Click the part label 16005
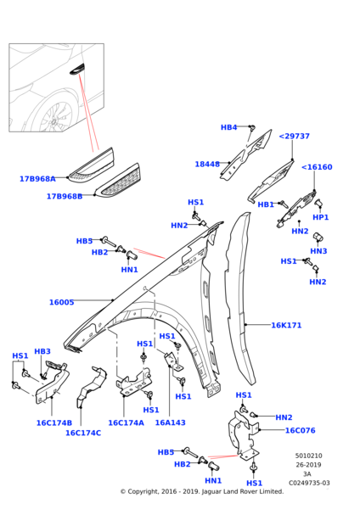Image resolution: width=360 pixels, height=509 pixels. pyautogui.click(x=61, y=302)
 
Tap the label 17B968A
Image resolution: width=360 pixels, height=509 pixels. pyautogui.click(x=37, y=179)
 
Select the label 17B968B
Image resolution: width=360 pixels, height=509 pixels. pyautogui.click(x=65, y=196)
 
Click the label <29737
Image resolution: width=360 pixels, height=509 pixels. pyautogui.click(x=294, y=136)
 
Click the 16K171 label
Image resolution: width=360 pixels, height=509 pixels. pyautogui.click(x=287, y=325)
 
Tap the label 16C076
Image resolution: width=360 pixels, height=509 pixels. pyautogui.click(x=300, y=430)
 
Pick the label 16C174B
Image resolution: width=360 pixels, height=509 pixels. pyautogui.click(x=53, y=422)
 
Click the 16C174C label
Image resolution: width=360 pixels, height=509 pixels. pyautogui.click(x=83, y=433)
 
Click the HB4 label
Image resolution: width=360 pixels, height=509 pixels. pyautogui.click(x=228, y=127)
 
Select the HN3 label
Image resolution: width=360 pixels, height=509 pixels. pyautogui.click(x=318, y=251)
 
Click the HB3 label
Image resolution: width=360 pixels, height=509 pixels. pyautogui.click(x=42, y=351)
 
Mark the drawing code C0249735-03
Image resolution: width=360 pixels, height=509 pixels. pyautogui.click(x=308, y=483)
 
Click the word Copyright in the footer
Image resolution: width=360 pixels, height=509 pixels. pyautogui.click(x=147, y=491)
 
